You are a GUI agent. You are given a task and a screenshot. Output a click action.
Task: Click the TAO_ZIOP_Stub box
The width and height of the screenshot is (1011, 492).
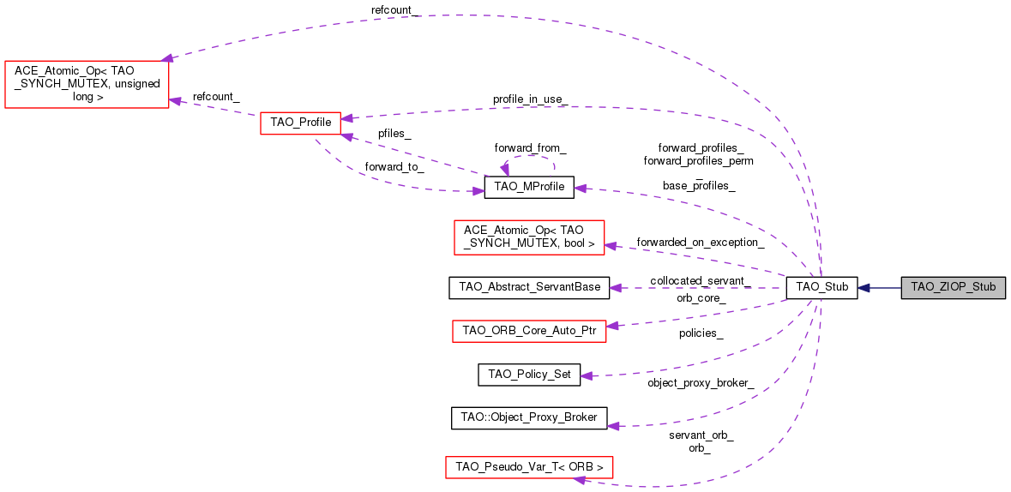pyautogui.click(x=953, y=288)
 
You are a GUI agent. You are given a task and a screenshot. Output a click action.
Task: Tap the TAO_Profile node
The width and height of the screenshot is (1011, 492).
pyautogui.click(x=300, y=123)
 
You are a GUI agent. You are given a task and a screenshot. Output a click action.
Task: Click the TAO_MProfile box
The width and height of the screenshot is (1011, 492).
pyautogui.click(x=528, y=188)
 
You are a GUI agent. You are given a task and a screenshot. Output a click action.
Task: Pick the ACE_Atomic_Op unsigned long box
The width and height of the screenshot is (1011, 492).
pyautogui.click(x=87, y=84)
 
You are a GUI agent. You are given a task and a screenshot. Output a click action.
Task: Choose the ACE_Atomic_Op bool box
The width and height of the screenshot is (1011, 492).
pyautogui.click(x=528, y=237)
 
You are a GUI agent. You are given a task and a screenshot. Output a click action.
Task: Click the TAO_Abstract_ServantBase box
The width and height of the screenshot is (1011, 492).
pyautogui.click(x=529, y=287)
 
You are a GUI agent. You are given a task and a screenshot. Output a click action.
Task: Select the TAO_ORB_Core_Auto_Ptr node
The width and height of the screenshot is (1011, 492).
pyautogui.click(x=528, y=330)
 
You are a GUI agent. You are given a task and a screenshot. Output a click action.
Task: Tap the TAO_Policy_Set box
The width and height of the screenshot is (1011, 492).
pyautogui.click(x=529, y=374)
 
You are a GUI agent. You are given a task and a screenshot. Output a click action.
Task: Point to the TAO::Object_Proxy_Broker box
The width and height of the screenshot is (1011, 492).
pyautogui.click(x=529, y=417)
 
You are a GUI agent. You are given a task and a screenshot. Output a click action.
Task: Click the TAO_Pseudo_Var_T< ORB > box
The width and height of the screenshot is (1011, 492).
pyautogui.click(x=529, y=467)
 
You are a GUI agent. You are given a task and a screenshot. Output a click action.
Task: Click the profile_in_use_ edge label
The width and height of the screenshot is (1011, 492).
pyautogui.click(x=529, y=99)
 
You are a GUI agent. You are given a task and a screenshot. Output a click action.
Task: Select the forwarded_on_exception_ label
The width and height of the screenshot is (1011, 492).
pyautogui.click(x=700, y=243)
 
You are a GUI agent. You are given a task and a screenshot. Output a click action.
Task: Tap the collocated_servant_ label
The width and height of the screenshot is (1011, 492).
pyautogui.click(x=700, y=281)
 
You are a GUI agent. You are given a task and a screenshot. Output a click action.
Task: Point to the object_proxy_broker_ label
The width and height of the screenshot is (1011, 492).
pyautogui.click(x=701, y=382)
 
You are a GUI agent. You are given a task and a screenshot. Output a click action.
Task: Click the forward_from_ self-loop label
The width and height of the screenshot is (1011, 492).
pyautogui.click(x=530, y=147)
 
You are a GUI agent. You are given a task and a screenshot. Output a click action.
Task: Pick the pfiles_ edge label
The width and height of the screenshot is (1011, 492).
pyautogui.click(x=394, y=135)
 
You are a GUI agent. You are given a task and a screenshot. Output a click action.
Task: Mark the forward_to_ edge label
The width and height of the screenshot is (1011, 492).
pyautogui.click(x=394, y=167)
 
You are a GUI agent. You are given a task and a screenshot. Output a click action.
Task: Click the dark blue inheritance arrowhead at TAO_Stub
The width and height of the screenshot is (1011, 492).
pyautogui.click(x=864, y=288)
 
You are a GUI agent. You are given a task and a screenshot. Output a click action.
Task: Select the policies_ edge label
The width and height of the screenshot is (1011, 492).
pyautogui.click(x=701, y=333)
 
